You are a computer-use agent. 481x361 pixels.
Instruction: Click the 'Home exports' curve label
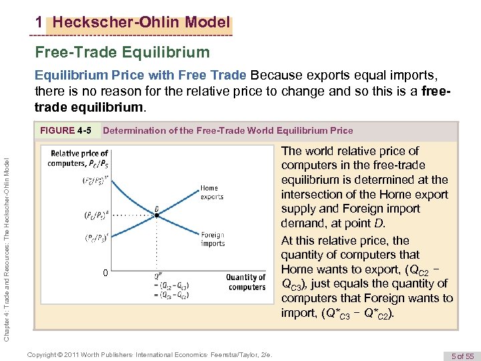[x=212, y=193]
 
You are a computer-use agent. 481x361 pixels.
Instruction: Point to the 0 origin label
[x=104, y=273]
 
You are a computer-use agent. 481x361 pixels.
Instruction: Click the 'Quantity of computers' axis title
[x=245, y=282]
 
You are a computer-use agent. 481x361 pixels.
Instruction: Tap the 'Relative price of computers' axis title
[x=79, y=158]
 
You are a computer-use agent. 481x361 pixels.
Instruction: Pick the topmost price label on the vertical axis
[x=93, y=180]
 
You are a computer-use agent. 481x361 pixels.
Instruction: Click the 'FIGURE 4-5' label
[x=65, y=130]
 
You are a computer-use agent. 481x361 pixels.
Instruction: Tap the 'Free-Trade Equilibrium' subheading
[x=122, y=51]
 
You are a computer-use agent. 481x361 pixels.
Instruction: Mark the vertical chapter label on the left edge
[x=7, y=241]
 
